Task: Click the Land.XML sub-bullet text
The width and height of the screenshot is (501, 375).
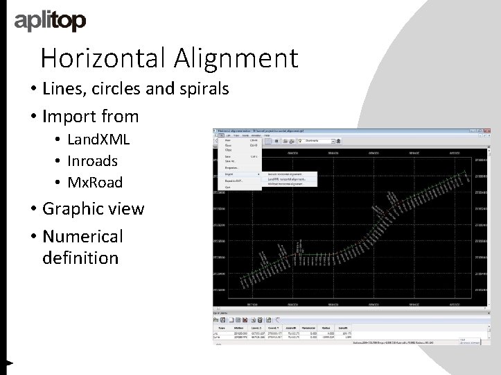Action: pyautogui.click(x=98, y=139)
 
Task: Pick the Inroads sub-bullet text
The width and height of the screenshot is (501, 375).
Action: pyautogui.click(x=93, y=160)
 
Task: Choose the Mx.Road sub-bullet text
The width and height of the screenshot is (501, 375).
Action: pyautogui.click(x=95, y=182)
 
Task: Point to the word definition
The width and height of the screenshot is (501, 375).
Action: pyautogui.click(x=80, y=258)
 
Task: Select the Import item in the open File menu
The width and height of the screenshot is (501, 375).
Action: pyautogui.click(x=229, y=174)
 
